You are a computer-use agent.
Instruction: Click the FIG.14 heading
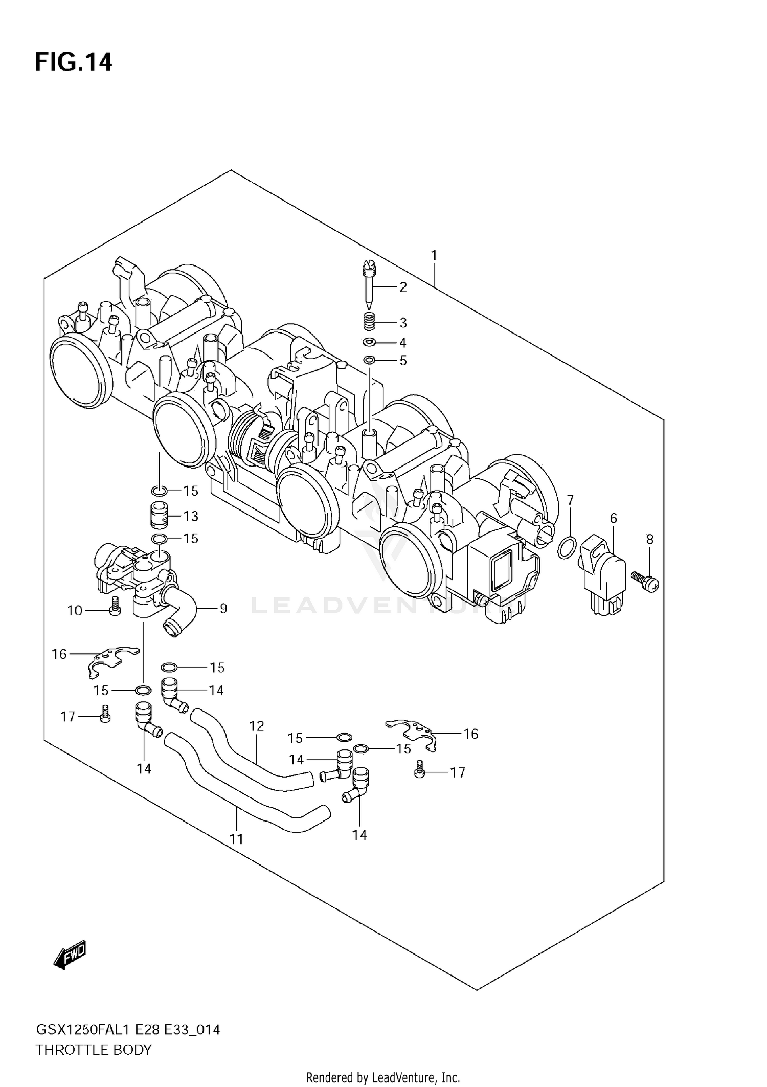click(73, 62)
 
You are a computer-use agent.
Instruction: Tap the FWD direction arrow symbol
click(70, 955)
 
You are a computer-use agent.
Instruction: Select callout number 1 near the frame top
click(433, 255)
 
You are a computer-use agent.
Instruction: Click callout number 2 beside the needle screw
click(403, 287)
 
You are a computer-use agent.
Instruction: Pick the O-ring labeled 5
click(369, 360)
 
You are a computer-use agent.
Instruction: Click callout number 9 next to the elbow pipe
click(223, 609)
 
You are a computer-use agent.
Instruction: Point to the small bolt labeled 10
click(115, 606)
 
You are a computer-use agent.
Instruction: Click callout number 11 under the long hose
click(236, 839)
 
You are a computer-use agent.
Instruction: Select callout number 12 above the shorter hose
click(256, 726)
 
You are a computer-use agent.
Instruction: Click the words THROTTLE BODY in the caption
click(94, 1050)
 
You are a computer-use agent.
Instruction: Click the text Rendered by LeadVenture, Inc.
click(383, 1078)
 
